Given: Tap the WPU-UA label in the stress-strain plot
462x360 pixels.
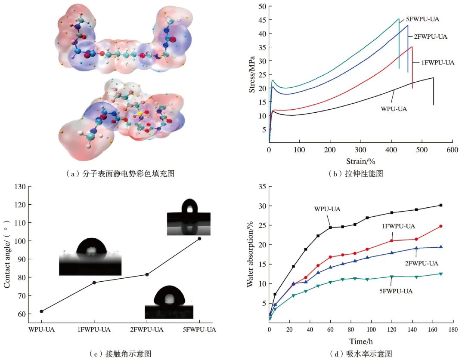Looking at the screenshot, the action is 394,109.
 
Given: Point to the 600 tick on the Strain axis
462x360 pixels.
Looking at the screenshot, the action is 452,150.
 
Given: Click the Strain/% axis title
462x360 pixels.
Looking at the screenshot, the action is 361,161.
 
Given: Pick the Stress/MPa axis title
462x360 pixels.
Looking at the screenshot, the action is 252,74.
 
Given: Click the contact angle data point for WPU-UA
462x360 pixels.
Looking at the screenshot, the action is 41,311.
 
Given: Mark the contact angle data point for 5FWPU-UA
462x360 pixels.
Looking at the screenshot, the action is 199,238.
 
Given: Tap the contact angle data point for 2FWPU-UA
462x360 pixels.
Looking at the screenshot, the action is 147,275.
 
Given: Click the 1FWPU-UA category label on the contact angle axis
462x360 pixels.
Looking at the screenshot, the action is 94,329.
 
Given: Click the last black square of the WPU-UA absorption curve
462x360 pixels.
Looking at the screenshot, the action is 441,205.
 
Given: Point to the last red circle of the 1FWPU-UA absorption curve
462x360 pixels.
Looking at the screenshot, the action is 441,226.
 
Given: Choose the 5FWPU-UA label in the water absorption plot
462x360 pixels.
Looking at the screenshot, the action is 396,292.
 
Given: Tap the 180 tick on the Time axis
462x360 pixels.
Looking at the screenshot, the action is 453,329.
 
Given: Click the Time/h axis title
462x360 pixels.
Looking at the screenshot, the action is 361,342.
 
